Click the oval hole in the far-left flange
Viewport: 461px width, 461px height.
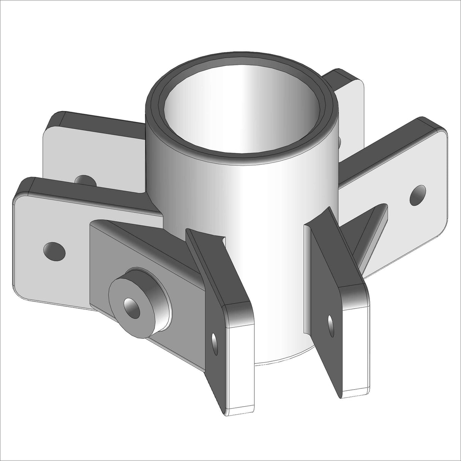coord(54,251)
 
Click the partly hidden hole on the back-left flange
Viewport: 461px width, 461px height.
coord(84,180)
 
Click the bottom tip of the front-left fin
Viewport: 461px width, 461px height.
coord(239,412)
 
